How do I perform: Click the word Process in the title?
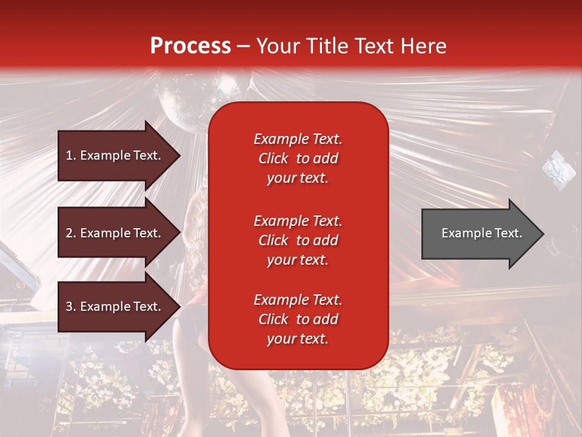click(x=190, y=46)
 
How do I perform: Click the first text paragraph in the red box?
click(x=298, y=158)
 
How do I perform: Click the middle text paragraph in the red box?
click(x=298, y=240)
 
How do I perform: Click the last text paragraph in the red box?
click(x=298, y=319)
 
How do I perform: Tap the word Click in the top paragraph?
click(x=273, y=158)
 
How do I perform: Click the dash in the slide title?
click(x=243, y=46)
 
